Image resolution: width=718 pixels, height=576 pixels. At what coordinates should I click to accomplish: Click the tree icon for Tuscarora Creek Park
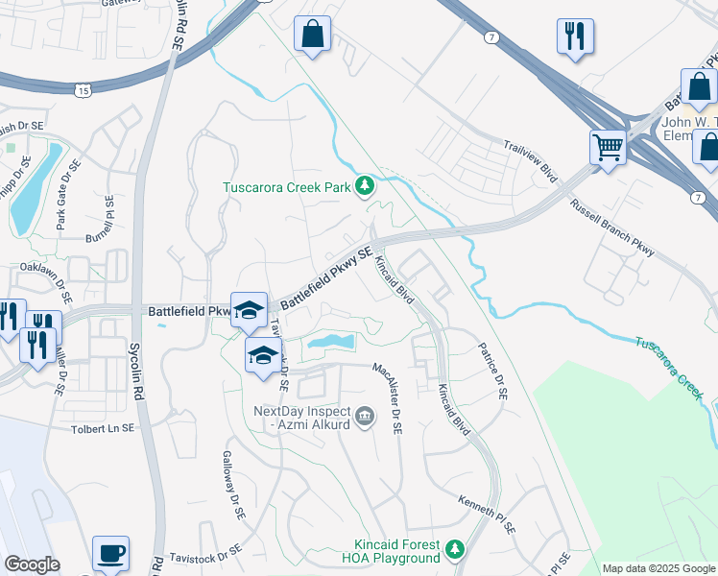pyautogui.click(x=365, y=186)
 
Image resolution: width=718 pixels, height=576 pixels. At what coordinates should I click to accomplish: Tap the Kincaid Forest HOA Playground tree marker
pyautogui.click(x=456, y=549)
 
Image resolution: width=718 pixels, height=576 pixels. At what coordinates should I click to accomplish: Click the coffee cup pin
pyautogui.click(x=110, y=553)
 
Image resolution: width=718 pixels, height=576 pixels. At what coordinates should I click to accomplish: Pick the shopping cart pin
pyautogui.click(x=607, y=148)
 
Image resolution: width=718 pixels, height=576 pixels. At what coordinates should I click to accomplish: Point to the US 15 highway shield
pyautogui.click(x=84, y=89)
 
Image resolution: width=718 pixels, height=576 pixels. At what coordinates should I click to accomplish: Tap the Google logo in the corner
pyautogui.click(x=32, y=564)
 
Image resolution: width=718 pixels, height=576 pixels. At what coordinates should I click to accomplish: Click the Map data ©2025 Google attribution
pyautogui.click(x=658, y=568)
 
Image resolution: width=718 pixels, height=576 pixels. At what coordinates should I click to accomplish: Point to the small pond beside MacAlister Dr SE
pyautogui.click(x=331, y=342)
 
